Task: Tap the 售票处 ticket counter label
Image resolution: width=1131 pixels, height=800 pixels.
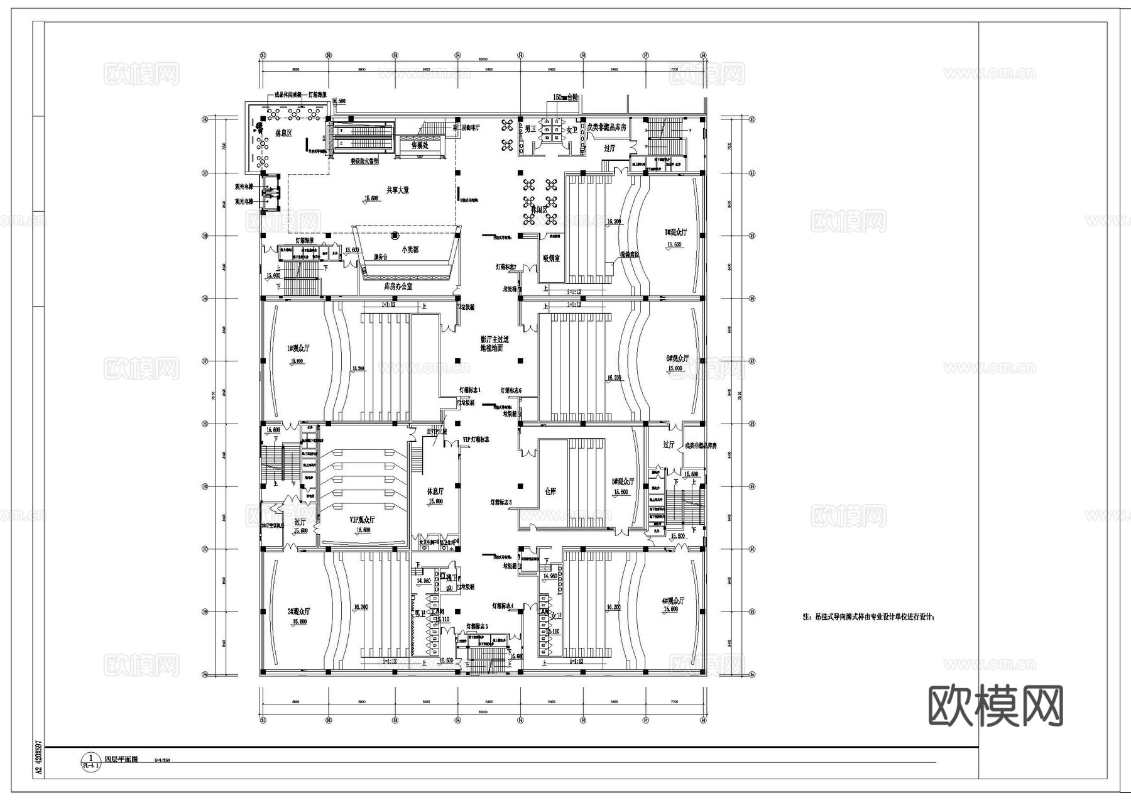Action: point(420,145)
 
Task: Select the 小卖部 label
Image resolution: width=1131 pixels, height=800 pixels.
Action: point(410,249)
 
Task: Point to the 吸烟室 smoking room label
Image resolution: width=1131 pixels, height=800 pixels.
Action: point(551,258)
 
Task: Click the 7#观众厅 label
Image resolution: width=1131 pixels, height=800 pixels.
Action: point(676,232)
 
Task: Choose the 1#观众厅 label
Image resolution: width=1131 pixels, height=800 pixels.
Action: point(298,348)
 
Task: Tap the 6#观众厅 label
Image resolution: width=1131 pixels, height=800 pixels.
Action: point(677,358)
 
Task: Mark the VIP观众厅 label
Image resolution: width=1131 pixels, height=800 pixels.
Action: point(363,520)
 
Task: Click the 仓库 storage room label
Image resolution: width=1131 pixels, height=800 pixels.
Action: point(550,491)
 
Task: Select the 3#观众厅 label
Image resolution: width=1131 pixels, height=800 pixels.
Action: point(298,611)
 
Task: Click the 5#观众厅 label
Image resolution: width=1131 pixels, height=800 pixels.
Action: point(623,481)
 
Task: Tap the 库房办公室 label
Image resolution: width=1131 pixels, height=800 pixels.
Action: point(398,286)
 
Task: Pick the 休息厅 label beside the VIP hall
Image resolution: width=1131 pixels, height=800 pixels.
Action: point(435,491)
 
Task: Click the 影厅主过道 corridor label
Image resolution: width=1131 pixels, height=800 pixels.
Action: point(494,339)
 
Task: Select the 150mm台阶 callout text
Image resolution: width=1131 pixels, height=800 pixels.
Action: point(565,98)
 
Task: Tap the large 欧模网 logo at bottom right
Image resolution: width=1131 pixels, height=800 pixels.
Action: point(995,707)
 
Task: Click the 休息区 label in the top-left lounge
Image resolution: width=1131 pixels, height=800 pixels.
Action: point(284,133)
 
